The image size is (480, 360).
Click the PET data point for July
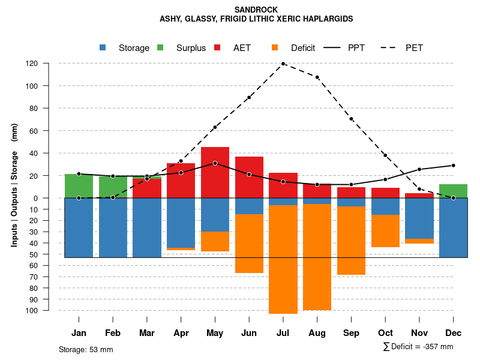[283, 64]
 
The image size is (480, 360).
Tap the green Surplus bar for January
[79, 186]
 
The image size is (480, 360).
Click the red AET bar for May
[215, 172]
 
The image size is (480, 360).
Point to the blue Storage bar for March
[147, 227]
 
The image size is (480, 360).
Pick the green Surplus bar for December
[453, 191]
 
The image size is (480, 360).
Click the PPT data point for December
[453, 166]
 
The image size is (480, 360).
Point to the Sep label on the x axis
[351, 333]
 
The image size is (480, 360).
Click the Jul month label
[283, 333]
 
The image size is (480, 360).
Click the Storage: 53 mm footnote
[86, 349]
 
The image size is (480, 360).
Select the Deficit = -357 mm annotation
[418, 347]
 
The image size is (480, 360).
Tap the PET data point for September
[351, 119]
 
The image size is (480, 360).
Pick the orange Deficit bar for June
[249, 244]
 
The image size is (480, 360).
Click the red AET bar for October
[385, 193]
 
